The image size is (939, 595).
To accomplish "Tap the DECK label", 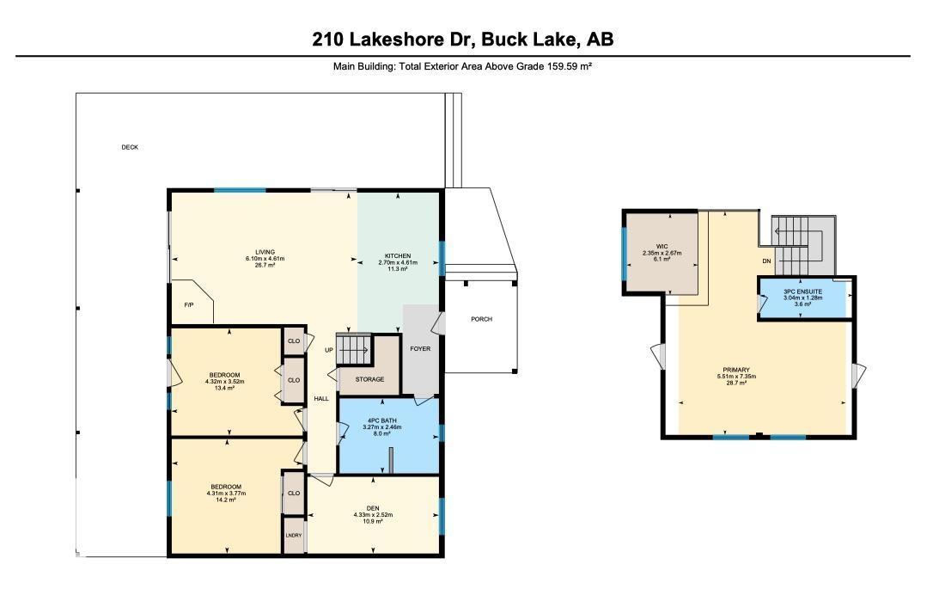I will point(130,147).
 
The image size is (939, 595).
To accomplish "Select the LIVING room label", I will point(265,252).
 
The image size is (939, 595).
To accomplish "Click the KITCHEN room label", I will point(398,256).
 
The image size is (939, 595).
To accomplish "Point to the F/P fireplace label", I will point(189,305).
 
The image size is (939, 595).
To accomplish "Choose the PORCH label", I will point(481,319).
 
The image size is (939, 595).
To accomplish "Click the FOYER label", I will point(420,348).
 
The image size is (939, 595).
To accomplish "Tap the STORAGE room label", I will point(369,379).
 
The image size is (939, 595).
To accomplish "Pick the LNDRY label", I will point(294,536).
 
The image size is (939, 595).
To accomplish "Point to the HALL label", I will point(320,399).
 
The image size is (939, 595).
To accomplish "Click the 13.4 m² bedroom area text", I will point(226,388).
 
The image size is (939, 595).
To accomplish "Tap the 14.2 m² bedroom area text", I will point(226,500).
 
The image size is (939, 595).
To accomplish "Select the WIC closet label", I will point(662,247).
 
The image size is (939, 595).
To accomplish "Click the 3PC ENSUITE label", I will point(802,291).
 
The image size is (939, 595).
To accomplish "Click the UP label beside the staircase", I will point(329,350).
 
